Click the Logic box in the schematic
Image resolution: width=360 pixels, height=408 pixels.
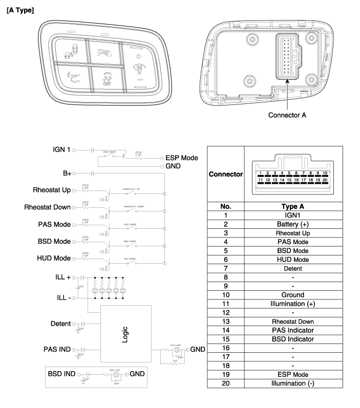(x=125, y=333)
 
